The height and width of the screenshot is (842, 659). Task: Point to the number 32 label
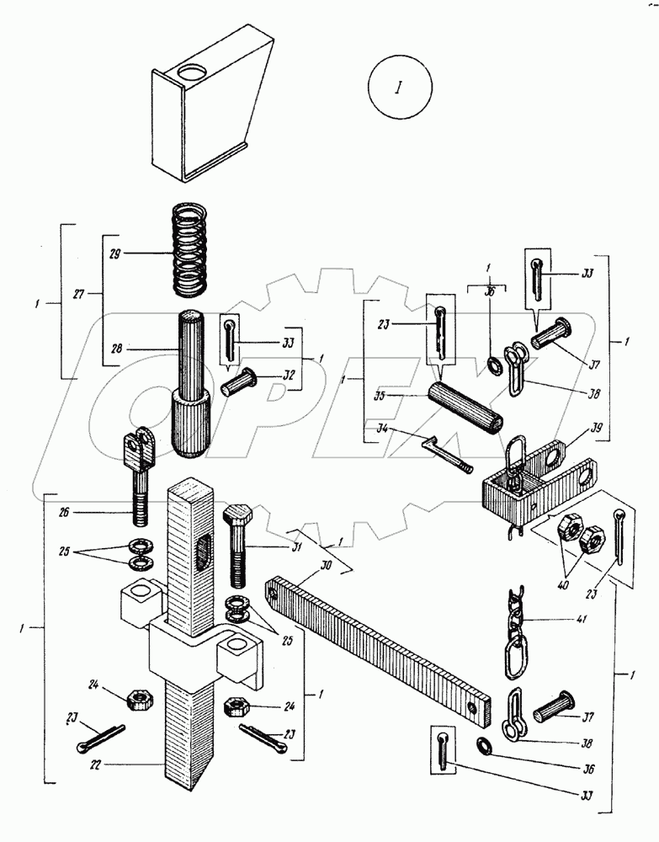tap(289, 376)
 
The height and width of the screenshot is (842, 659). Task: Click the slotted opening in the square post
tap(202, 552)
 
